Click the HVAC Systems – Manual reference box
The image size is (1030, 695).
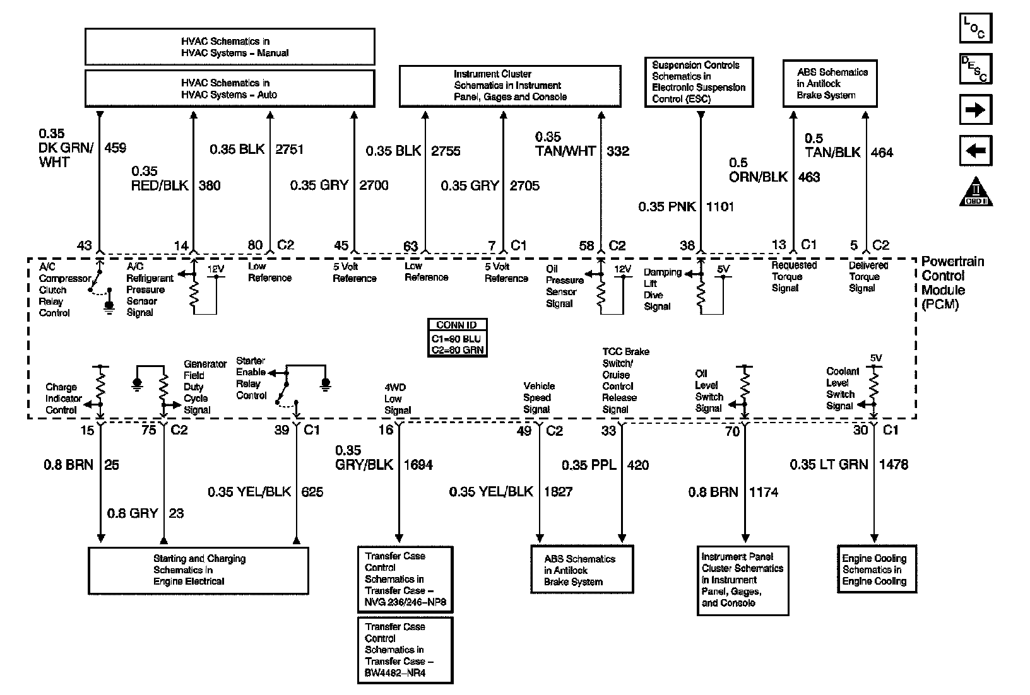point(230,47)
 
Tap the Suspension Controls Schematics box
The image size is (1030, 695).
point(699,82)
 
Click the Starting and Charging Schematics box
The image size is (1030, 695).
point(198,570)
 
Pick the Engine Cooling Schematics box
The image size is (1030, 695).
point(877,569)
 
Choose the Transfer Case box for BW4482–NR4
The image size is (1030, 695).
point(405,650)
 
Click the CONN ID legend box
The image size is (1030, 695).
point(457,338)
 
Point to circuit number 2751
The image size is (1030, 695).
point(290,150)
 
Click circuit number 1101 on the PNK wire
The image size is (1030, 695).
point(720,207)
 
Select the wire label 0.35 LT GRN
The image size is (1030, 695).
point(829,465)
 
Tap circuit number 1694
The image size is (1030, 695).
point(418,465)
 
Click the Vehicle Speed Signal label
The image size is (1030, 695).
point(538,397)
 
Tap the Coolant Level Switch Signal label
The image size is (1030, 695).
point(842,388)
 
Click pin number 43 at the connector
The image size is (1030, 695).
point(84,246)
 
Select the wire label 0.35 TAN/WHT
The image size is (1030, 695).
point(565,144)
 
